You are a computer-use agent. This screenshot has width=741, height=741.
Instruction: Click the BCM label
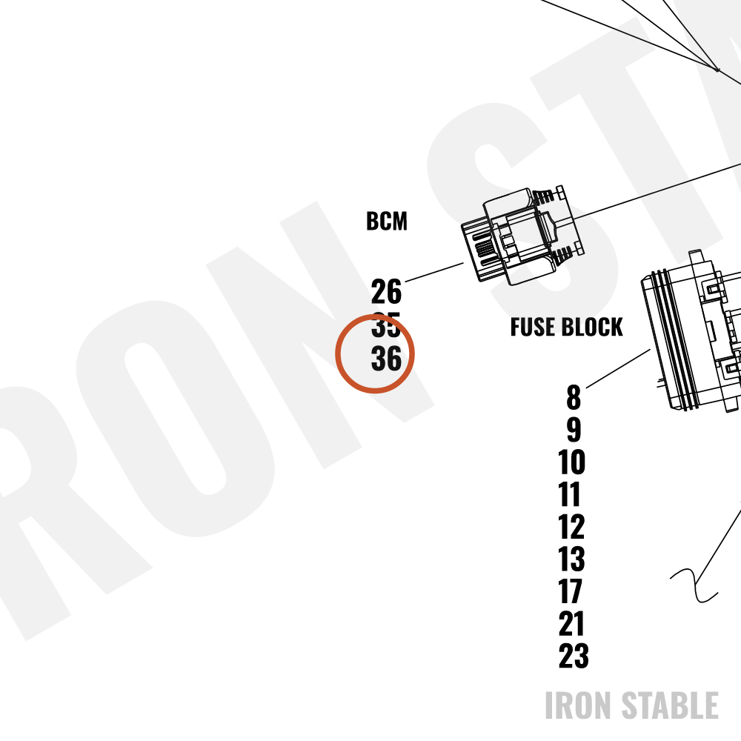[387, 221]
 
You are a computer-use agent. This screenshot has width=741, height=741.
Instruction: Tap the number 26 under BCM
[386, 291]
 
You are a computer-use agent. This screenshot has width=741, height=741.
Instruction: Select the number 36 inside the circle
[386, 359]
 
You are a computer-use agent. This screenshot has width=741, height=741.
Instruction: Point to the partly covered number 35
[386, 325]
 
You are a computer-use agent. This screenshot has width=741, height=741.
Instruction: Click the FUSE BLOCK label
[566, 327]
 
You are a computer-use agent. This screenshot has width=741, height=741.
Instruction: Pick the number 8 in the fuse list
[574, 397]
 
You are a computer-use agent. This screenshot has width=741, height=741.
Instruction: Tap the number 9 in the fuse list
[574, 430]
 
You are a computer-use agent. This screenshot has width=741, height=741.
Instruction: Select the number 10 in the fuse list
[571, 462]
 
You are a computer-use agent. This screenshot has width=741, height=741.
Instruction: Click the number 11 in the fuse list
[569, 494]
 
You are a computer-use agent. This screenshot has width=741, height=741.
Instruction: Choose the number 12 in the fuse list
[571, 526]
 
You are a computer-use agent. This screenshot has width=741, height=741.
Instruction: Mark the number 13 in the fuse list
[571, 559]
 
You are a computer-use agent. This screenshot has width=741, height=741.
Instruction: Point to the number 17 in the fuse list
[570, 591]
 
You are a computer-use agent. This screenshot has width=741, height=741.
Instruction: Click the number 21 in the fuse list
[571, 624]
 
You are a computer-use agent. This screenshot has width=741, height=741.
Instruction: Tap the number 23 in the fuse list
[574, 656]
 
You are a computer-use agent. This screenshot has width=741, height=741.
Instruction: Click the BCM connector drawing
[522, 236]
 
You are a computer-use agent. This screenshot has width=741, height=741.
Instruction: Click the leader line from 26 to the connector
[434, 272]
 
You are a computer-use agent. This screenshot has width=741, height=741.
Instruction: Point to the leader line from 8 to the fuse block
[618, 368]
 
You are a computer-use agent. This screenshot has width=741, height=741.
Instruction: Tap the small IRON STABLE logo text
[631, 705]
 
